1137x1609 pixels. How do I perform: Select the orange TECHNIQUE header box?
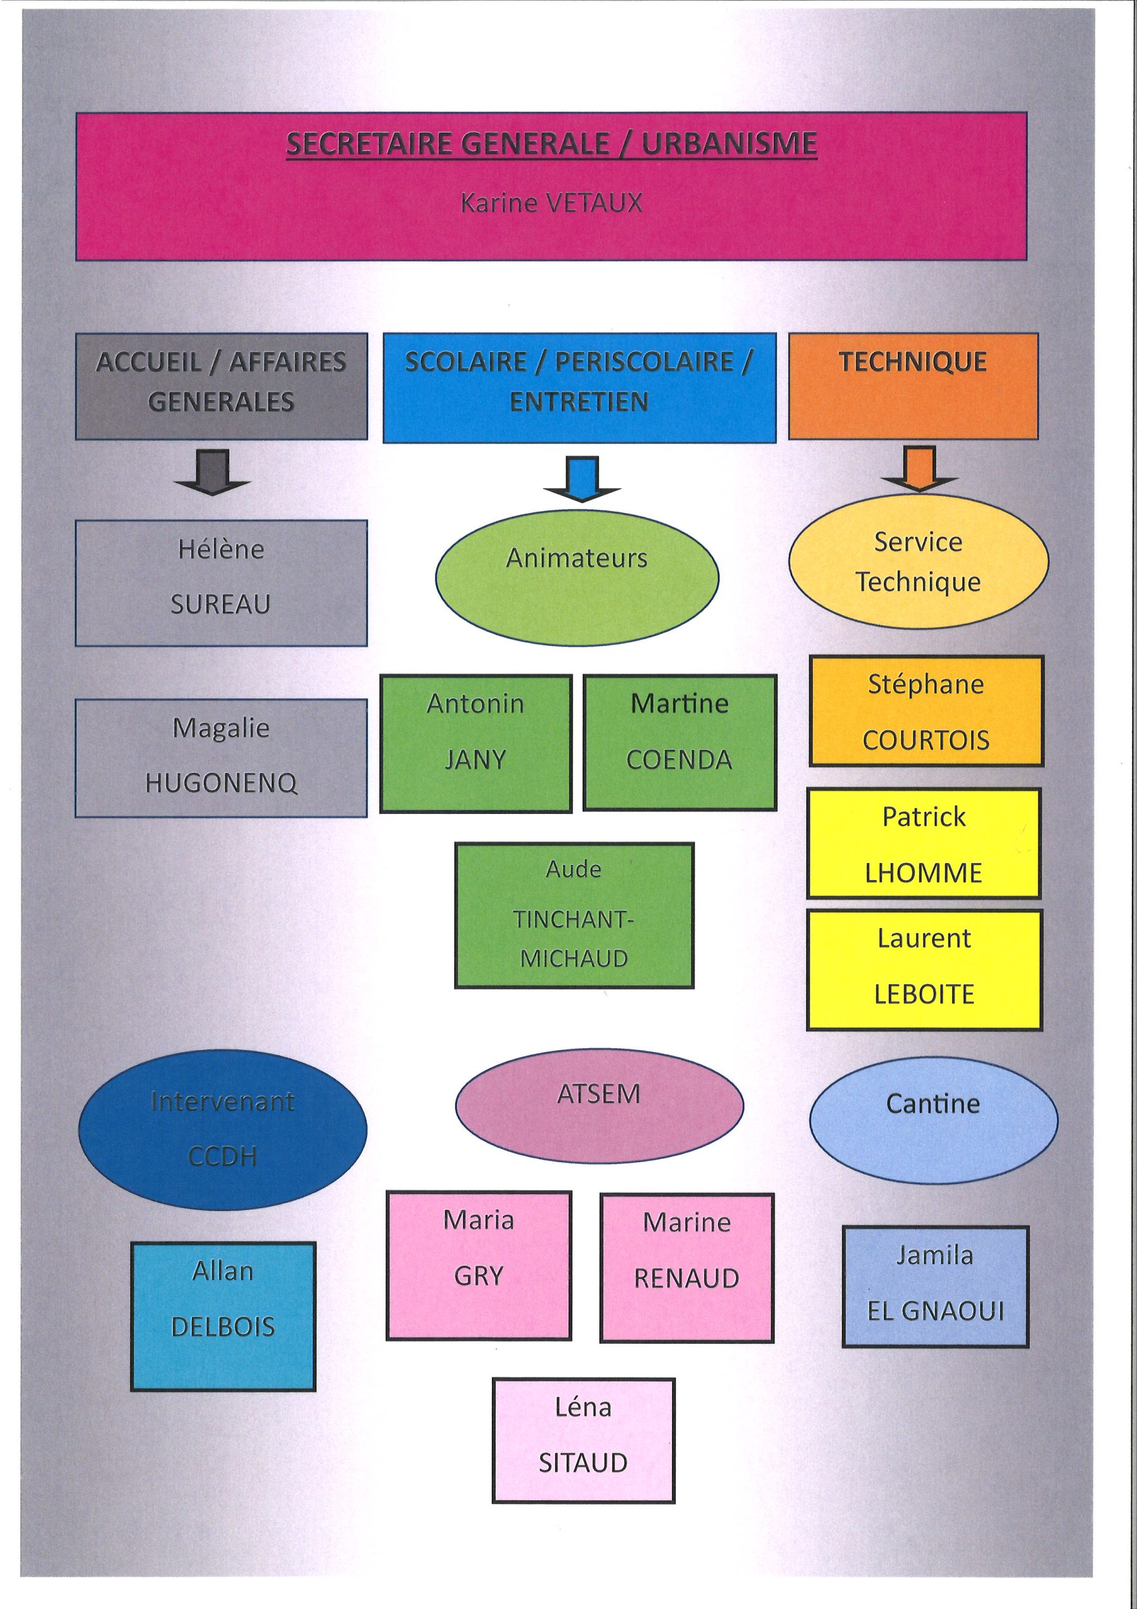(913, 386)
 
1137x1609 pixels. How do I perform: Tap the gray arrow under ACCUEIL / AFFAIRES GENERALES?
(213, 473)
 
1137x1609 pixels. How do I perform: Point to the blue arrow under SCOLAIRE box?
(582, 479)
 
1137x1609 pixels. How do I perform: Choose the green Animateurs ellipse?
(577, 578)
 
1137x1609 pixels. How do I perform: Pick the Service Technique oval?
(918, 561)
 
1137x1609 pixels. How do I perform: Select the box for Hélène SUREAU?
(220, 583)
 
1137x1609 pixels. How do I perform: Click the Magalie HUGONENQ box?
(220, 757)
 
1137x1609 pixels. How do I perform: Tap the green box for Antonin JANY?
(476, 744)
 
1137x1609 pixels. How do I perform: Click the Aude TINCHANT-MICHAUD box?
(574, 915)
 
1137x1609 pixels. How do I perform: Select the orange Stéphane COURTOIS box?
(926, 711)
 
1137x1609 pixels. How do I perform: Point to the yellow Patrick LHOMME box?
(924, 843)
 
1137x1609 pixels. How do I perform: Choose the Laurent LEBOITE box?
(924, 969)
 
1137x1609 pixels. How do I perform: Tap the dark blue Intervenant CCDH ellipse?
(222, 1129)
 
